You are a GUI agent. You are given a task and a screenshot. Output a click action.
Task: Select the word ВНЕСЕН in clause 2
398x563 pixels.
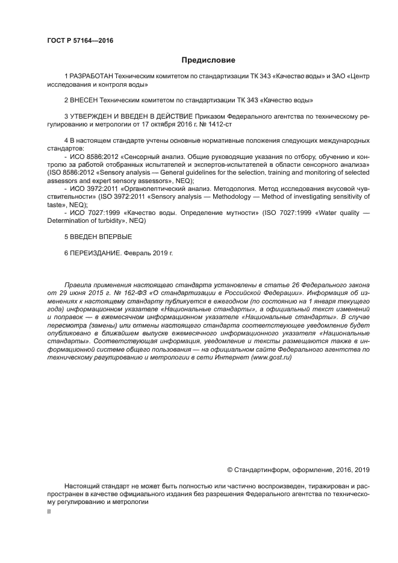pos(82,99)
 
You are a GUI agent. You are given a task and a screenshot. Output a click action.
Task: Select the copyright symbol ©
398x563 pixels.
pos(229,470)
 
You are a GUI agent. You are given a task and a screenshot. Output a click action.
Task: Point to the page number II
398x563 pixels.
pos(49,511)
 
